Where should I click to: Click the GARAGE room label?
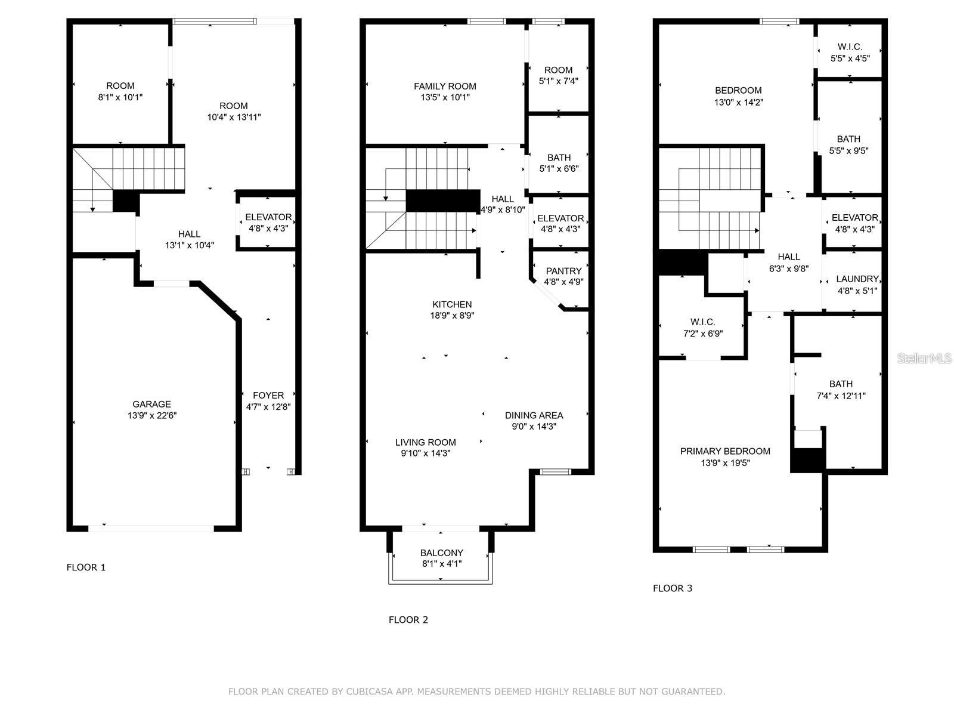151,405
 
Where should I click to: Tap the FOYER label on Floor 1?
268,396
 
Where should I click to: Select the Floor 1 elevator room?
268,222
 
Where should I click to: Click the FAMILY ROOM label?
445,87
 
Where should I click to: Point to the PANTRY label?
563,271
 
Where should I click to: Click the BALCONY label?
441,553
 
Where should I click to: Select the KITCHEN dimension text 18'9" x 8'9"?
453,316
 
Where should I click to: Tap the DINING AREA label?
534,416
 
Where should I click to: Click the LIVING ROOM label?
425,443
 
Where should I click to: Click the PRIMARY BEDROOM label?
725,452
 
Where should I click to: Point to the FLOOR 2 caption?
408,620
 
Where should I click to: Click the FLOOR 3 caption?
673,588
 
